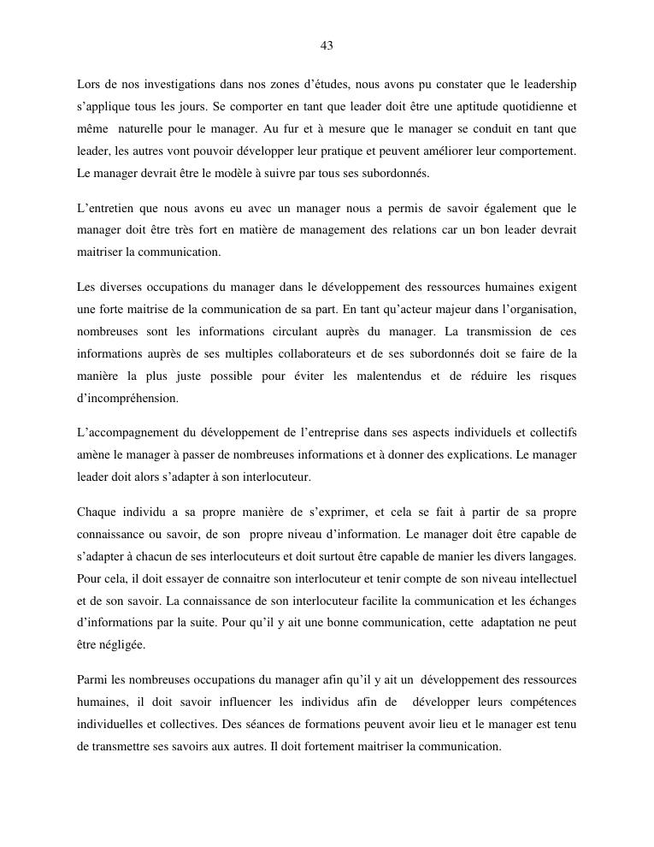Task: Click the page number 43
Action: tap(327, 45)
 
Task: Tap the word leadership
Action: tap(545, 85)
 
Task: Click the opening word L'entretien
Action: tap(107, 208)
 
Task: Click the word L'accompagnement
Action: tap(127, 432)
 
